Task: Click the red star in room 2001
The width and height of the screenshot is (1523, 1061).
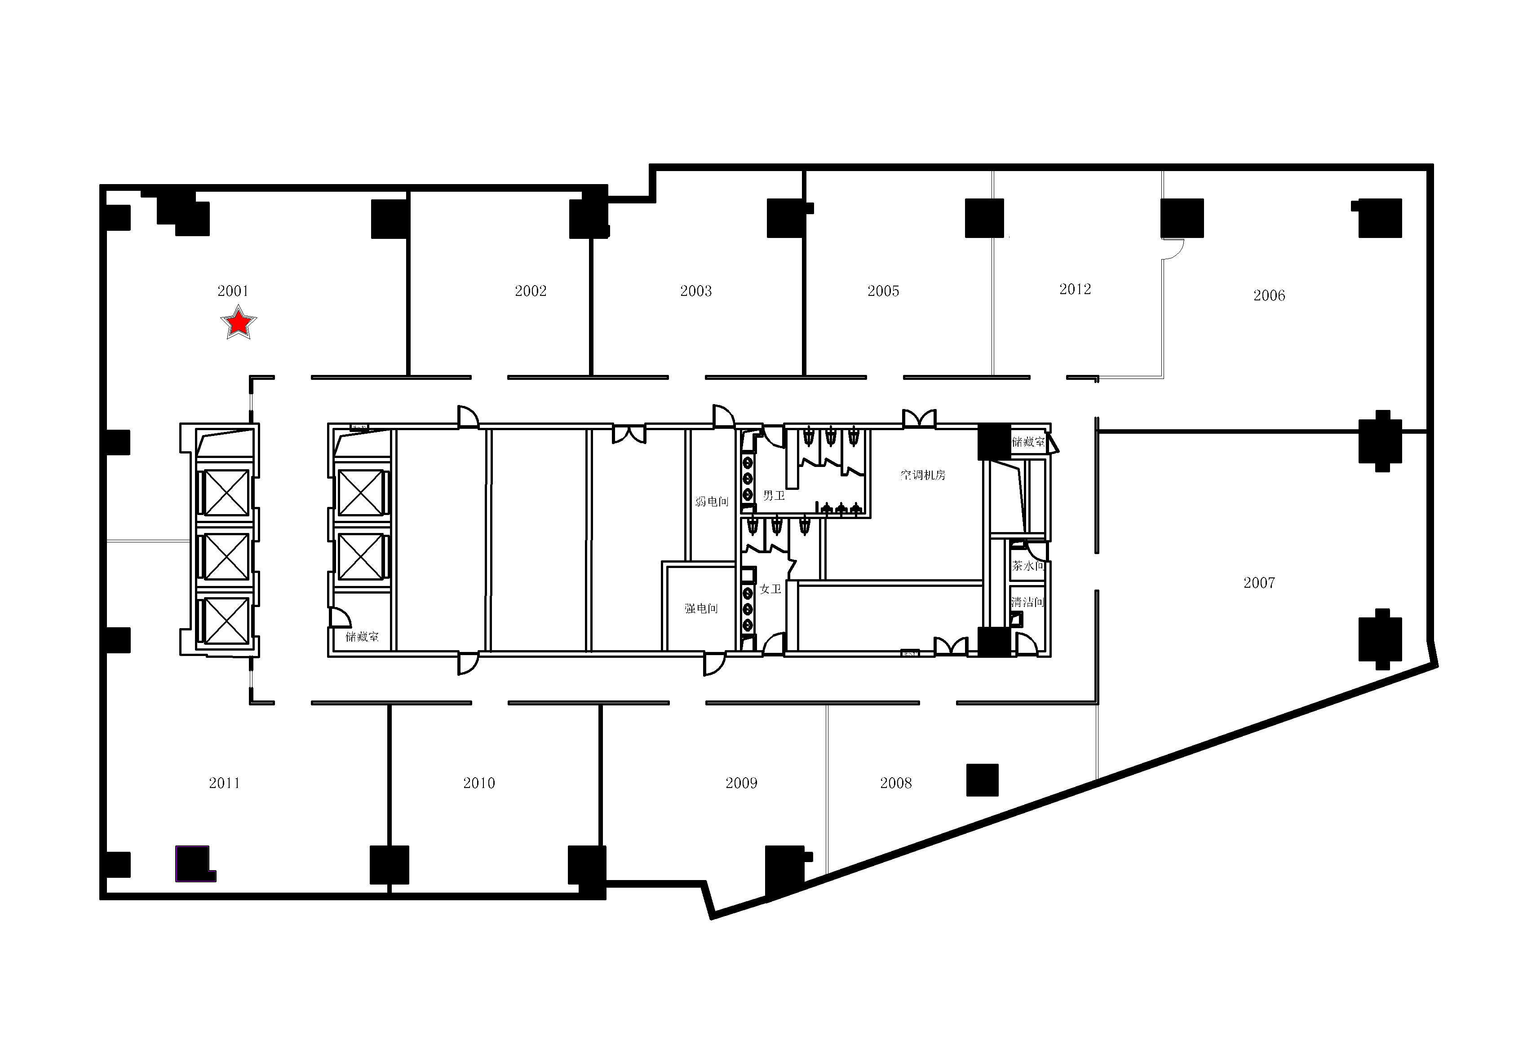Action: [x=238, y=323]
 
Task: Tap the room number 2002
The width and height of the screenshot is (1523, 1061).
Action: [x=531, y=291]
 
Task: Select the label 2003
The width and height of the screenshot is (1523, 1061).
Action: [x=696, y=291]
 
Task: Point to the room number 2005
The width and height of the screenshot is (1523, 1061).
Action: [x=884, y=291]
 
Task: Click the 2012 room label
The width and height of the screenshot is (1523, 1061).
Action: [x=1075, y=289]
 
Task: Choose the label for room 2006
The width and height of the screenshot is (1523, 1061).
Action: [x=1269, y=296]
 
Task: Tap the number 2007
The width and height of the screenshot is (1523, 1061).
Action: [x=1259, y=583]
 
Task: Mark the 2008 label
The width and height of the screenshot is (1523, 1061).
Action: [x=896, y=783]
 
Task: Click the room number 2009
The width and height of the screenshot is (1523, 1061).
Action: [x=742, y=783]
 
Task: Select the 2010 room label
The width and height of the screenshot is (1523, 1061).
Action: [x=479, y=783]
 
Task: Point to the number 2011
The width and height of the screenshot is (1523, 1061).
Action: [x=224, y=783]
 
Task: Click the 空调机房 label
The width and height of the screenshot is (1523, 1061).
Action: [x=923, y=475]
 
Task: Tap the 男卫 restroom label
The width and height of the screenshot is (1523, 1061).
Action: [x=774, y=495]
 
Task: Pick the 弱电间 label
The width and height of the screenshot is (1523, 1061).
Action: [x=712, y=502]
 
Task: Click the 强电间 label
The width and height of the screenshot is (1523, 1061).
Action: [x=701, y=608]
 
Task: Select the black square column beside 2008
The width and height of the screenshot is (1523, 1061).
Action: [x=983, y=780]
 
